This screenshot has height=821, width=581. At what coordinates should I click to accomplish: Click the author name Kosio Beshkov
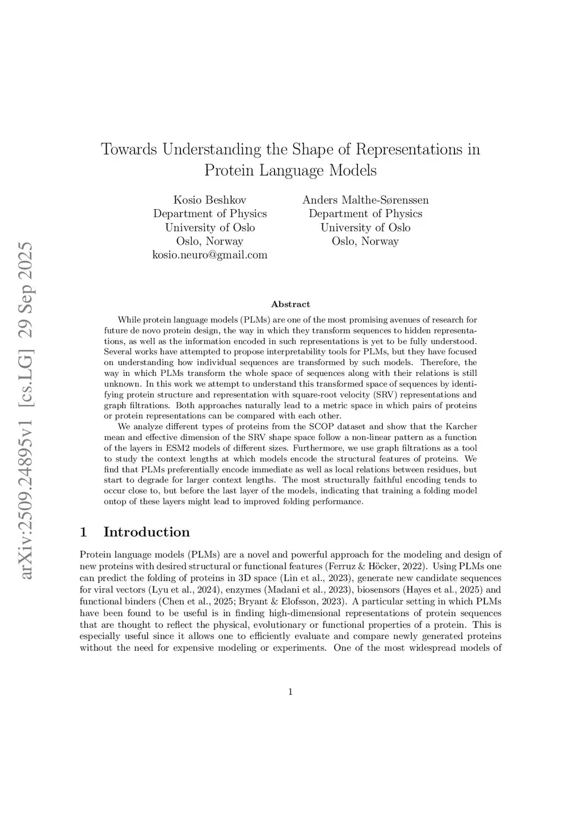(209, 200)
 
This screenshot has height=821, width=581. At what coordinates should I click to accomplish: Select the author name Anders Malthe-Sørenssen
(365, 200)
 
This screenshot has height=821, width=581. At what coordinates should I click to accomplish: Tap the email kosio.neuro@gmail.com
(210, 255)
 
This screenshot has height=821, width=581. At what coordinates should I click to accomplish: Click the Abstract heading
(290, 304)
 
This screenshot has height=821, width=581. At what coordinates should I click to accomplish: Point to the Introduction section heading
(146, 532)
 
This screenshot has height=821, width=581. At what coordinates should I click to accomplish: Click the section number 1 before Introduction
(83, 532)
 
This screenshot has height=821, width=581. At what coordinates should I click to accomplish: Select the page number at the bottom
(290, 691)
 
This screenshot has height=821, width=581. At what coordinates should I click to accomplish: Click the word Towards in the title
(129, 149)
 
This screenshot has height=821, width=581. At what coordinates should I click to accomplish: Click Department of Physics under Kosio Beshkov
(210, 214)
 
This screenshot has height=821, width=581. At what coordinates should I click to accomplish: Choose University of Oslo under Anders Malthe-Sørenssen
(365, 227)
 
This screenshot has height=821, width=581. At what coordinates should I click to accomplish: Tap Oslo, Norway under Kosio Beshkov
(210, 242)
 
